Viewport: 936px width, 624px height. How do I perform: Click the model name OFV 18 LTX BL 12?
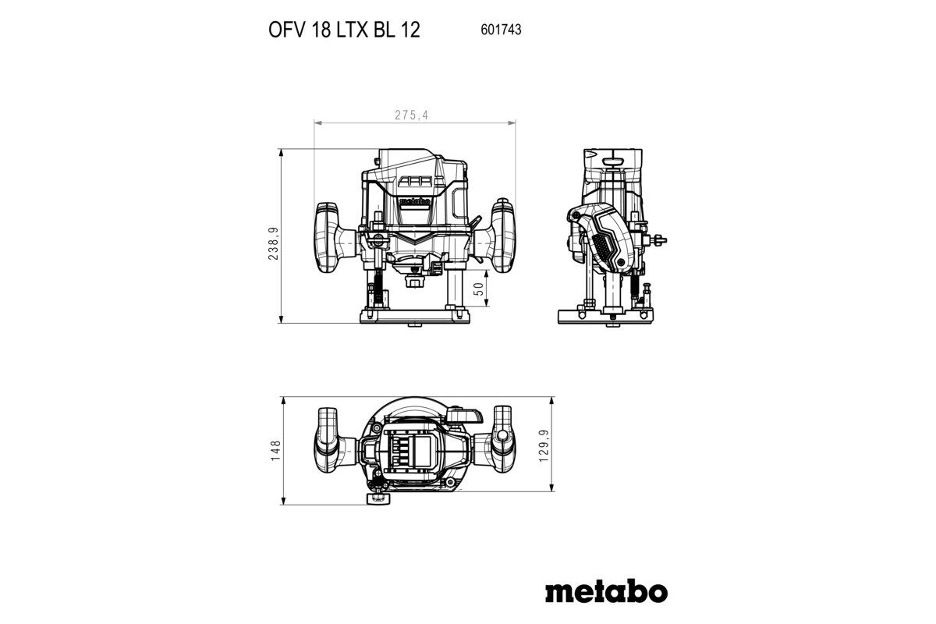point(344,30)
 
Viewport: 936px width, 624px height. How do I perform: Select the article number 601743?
point(498,30)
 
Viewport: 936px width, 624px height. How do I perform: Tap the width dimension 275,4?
point(411,115)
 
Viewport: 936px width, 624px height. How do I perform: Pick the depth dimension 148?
point(274,450)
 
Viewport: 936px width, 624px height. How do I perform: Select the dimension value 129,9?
point(543,445)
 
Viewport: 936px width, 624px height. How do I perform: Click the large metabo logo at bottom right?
point(605,590)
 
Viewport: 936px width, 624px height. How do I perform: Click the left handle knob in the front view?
point(328,236)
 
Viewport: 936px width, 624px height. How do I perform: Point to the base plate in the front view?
point(414,317)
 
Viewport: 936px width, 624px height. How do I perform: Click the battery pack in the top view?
point(413,452)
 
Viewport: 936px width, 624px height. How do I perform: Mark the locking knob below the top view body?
point(379,497)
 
